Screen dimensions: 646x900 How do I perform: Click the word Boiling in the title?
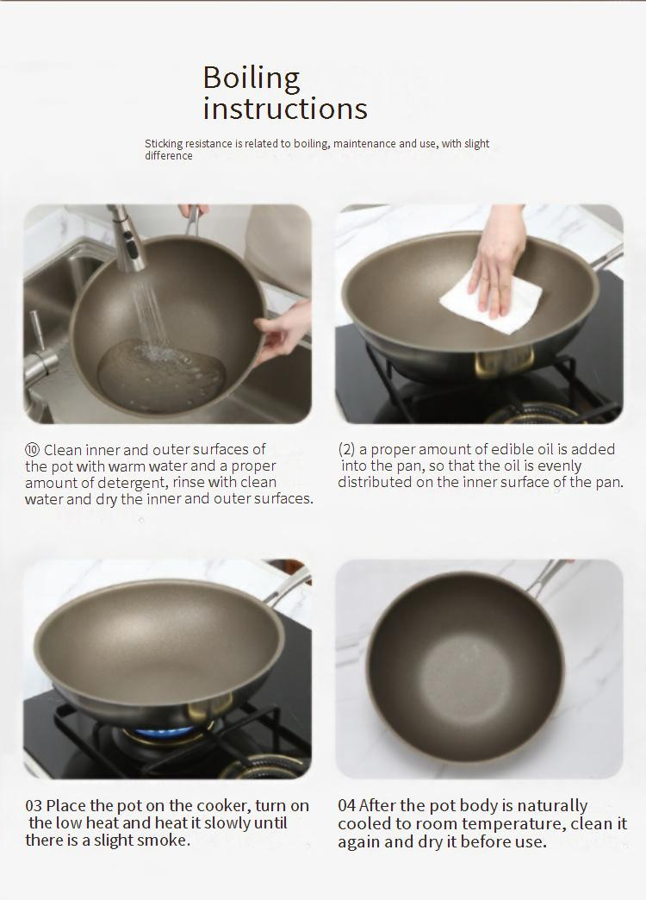click(x=252, y=78)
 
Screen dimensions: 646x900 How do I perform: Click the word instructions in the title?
click(x=285, y=109)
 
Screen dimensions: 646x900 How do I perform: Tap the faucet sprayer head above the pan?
click(x=127, y=239)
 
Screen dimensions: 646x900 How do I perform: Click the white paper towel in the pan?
click(x=491, y=298)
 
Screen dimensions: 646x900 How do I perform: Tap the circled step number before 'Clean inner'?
click(x=32, y=449)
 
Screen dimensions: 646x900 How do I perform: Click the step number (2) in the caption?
click(x=346, y=449)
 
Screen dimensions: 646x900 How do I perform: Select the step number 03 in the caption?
click(x=34, y=805)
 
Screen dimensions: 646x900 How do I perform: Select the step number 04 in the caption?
click(x=346, y=805)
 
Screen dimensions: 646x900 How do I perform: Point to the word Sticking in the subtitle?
click(x=164, y=143)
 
